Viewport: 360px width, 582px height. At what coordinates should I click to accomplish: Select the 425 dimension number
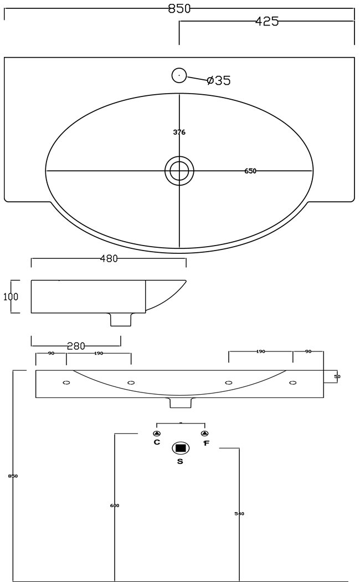tap(266, 22)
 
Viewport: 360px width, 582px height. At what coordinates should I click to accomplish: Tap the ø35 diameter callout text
tap(218, 80)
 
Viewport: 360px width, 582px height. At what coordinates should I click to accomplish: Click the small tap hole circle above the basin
tap(179, 75)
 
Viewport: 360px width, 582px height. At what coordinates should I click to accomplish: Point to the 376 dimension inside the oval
tap(179, 132)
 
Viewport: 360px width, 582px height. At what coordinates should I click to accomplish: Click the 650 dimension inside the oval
tap(250, 171)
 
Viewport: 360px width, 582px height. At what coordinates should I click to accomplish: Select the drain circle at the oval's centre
tap(179, 170)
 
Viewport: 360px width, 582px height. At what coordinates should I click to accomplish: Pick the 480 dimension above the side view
tap(109, 258)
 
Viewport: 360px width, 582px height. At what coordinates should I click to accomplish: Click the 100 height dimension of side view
tap(11, 297)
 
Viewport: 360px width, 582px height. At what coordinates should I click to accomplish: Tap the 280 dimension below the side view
tap(76, 346)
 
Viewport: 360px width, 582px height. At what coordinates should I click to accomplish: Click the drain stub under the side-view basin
tap(121, 319)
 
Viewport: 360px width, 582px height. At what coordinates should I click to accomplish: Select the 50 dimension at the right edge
tap(337, 377)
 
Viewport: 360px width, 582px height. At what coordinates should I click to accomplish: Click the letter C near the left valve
tap(157, 442)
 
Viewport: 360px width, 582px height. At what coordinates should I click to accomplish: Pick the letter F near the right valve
tap(205, 443)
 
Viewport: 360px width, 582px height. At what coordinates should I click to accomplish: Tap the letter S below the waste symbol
tap(180, 461)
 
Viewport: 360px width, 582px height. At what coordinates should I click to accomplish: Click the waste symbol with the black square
tap(181, 448)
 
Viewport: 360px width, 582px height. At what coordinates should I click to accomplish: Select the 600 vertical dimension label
tap(115, 506)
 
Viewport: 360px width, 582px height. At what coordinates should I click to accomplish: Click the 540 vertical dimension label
tap(239, 514)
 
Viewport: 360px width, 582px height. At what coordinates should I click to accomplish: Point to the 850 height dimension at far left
tap(13, 476)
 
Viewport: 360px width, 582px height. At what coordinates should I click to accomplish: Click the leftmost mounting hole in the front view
tap(66, 383)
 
